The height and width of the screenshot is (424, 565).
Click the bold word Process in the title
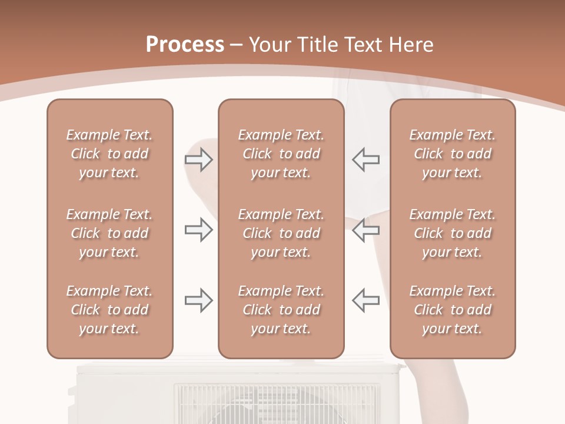point(185,44)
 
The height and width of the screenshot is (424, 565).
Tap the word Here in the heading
point(411,44)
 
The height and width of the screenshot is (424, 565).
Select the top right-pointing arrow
point(198,160)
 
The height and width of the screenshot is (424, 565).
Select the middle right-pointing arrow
point(198,230)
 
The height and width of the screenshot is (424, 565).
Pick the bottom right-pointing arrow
point(198,300)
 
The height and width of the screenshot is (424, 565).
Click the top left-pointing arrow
point(365,160)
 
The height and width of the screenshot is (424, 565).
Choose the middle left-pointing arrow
point(365,230)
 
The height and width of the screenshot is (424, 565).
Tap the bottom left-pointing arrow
point(365,300)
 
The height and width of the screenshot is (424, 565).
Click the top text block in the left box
point(109,154)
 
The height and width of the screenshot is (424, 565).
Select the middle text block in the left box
point(109,233)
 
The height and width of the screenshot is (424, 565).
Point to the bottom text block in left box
point(109,310)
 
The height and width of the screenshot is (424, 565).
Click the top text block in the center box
point(281,154)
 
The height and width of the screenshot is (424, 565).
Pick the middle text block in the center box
point(281,233)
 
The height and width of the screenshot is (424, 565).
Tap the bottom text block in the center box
point(281,310)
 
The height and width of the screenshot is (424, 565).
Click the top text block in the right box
point(453,154)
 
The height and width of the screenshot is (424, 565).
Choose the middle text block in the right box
point(453,233)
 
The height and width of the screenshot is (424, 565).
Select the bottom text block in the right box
point(453,310)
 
